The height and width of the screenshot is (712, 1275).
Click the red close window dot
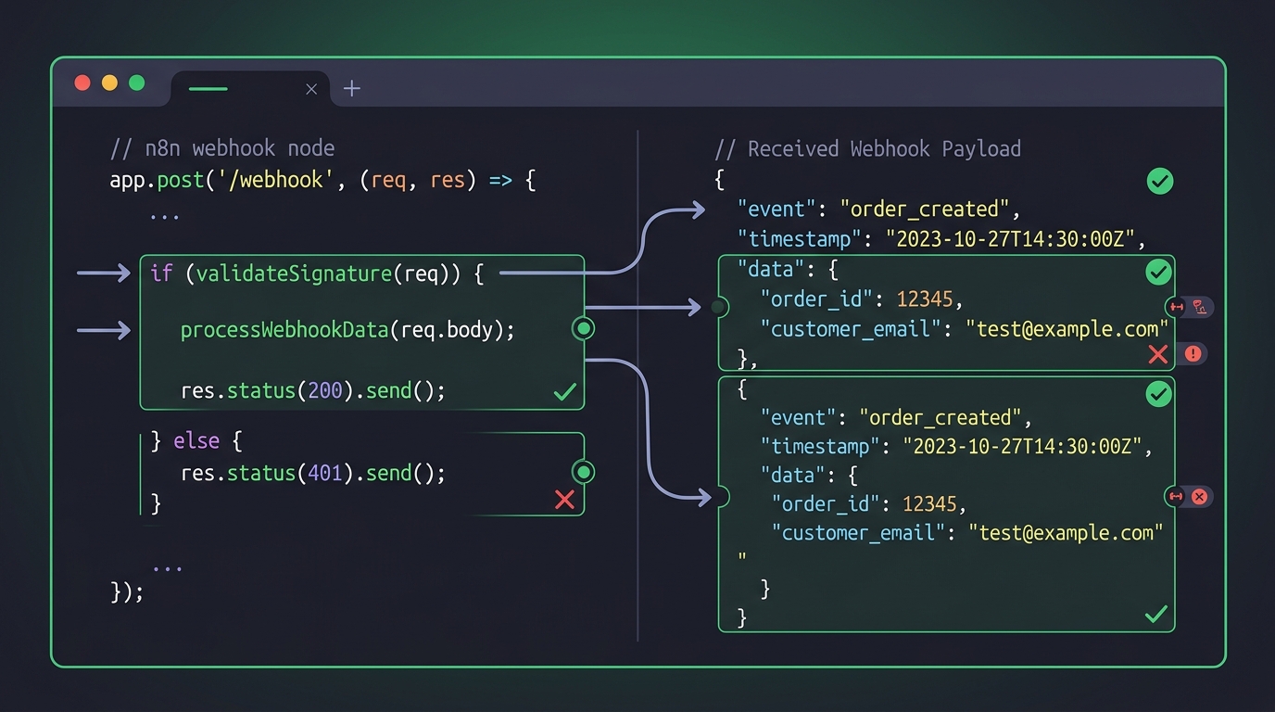coord(82,83)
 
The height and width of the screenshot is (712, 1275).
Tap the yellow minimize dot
coord(110,83)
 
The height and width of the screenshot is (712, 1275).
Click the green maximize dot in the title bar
coord(136,83)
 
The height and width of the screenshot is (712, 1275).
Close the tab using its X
coord(311,89)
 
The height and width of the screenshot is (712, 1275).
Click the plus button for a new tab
coord(352,88)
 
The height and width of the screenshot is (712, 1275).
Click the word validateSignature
coord(294,274)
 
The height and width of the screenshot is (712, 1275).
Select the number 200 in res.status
coord(325,390)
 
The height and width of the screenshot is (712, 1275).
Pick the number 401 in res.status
coord(325,474)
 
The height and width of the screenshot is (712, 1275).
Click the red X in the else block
coord(564,500)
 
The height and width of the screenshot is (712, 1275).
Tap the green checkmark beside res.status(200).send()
coord(565,391)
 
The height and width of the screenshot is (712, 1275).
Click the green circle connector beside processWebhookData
coord(584,329)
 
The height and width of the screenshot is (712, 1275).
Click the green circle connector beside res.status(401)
coord(584,472)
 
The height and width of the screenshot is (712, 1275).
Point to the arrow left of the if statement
coord(104,273)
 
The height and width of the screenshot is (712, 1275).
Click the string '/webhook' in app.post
coord(275,180)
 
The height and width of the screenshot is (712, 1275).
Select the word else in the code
coord(196,441)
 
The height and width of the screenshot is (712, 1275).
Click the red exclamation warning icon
coord(1193,354)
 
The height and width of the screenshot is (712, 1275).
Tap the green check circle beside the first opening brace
coord(1160,182)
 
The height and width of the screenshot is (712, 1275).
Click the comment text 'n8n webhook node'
coord(240,148)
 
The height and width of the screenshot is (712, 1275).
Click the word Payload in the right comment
coord(981,149)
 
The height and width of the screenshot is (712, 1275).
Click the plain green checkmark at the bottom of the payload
coord(1156,614)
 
